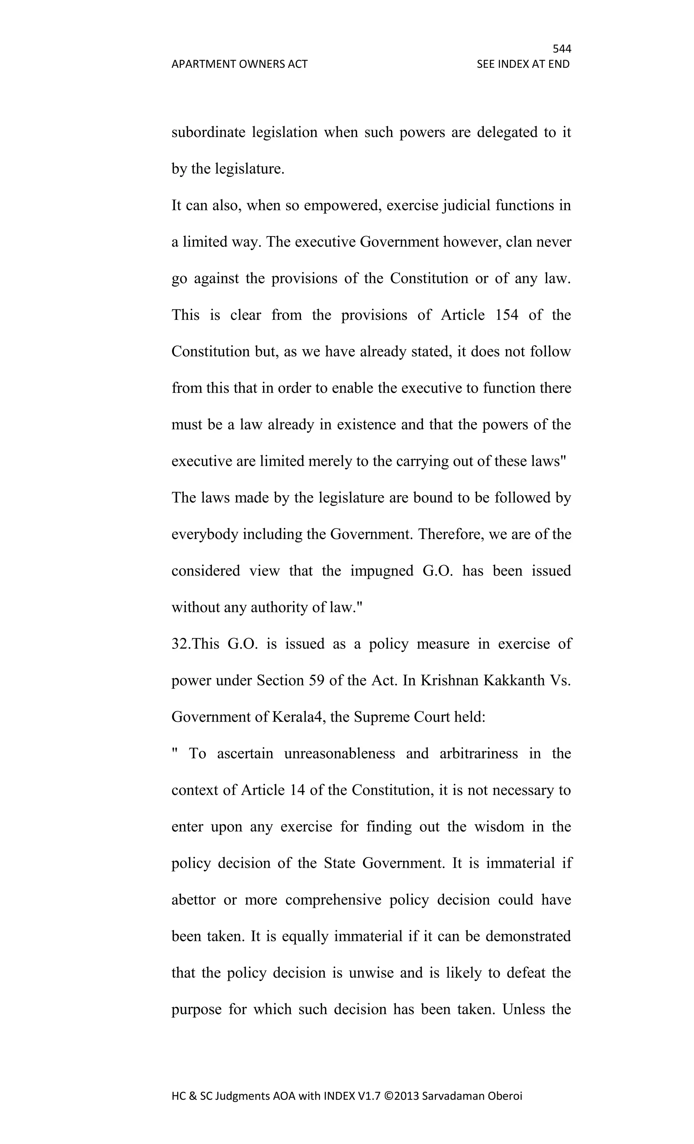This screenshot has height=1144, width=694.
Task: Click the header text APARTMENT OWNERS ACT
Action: tap(239, 64)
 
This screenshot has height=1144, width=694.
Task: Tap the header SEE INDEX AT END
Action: tap(523, 64)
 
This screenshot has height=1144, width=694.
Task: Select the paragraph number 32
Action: tap(181, 644)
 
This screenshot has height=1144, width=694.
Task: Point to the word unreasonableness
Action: tap(340, 754)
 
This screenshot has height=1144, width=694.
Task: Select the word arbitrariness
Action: tap(478, 754)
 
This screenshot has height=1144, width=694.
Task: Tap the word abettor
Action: tap(193, 900)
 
